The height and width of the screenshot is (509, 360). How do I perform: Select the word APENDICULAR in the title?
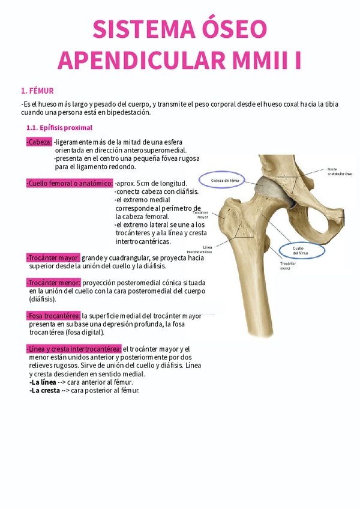tap(133, 60)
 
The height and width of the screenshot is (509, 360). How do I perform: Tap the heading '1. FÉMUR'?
tap(37, 91)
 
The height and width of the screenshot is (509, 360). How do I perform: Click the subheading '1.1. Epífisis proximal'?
tap(59, 128)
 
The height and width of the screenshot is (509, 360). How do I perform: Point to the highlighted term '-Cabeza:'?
tap(39, 142)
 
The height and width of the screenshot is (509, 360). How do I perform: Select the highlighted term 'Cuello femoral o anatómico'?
tap(70, 183)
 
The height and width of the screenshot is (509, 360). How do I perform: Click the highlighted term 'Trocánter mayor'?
tap(53, 258)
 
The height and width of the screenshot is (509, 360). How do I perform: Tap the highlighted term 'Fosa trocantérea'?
tap(53, 315)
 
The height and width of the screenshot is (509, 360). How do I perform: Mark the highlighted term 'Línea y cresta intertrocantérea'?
tap(74, 349)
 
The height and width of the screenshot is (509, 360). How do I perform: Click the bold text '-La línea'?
tap(43, 382)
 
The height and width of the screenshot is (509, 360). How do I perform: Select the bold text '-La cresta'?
tap(44, 390)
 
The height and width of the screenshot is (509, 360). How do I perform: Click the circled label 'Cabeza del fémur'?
tap(223, 181)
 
